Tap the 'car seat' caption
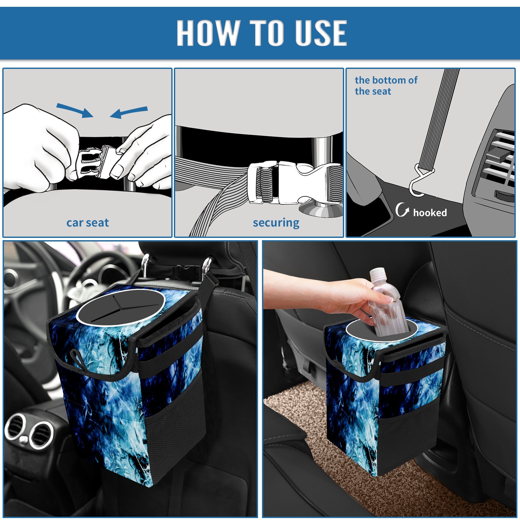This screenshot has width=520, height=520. click(87, 223)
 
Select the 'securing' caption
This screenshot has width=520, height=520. click(276, 223)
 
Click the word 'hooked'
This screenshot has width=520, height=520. click(430, 213)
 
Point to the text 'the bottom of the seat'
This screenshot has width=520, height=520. click(386, 85)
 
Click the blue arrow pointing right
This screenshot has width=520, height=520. click(75, 110)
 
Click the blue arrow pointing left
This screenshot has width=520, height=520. click(129, 112)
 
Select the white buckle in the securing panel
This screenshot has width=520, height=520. click(292, 183)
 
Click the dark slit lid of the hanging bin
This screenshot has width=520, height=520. click(120, 307)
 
